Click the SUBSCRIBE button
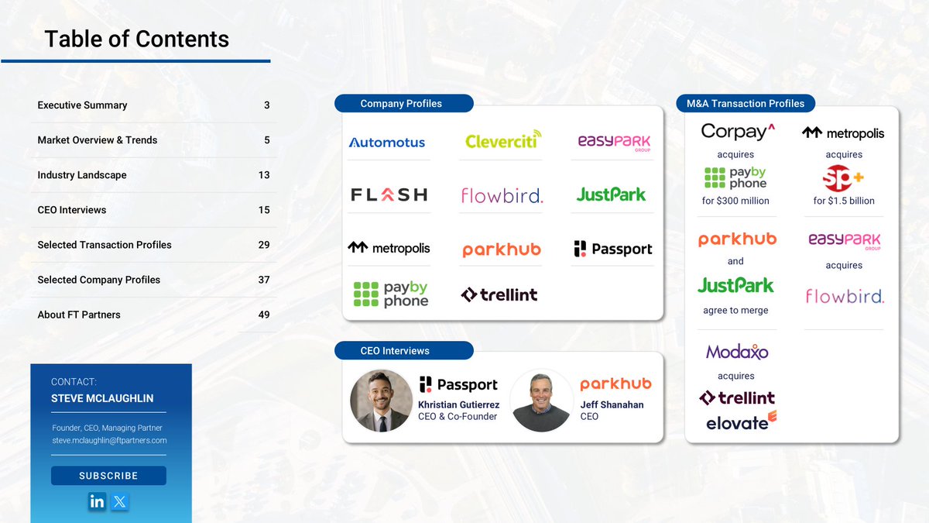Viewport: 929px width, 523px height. pos(108,476)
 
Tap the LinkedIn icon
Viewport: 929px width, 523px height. pos(97,501)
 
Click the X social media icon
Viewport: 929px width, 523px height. pos(119,501)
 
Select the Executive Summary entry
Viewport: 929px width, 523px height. pos(82,105)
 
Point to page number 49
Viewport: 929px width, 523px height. pos(264,315)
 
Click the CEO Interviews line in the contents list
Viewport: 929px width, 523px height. pos(72,210)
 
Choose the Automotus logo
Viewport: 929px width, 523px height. pos(386,143)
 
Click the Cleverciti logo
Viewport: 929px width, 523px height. pos(503,140)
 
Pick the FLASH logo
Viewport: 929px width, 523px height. pos(389,194)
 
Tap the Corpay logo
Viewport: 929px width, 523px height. pos(738,131)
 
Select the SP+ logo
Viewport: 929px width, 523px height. pos(843,179)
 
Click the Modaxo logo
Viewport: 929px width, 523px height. pos(737,352)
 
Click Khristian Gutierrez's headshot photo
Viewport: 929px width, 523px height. pos(381,400)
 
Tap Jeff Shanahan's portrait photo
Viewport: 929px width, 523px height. pos(541,400)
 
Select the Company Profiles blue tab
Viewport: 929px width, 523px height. pos(403,104)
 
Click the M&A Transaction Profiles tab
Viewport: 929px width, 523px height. pos(746,104)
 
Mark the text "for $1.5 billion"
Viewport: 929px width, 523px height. pos(844,201)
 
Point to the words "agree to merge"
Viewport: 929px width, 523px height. pos(735,311)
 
